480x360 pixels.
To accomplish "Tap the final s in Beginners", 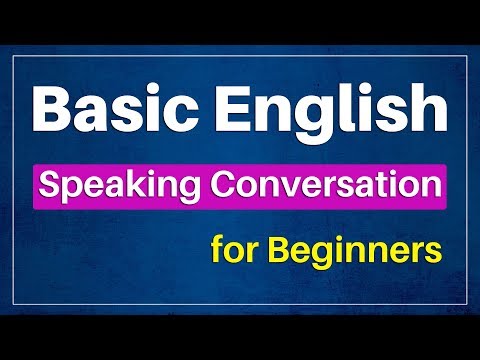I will click(x=435, y=250).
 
